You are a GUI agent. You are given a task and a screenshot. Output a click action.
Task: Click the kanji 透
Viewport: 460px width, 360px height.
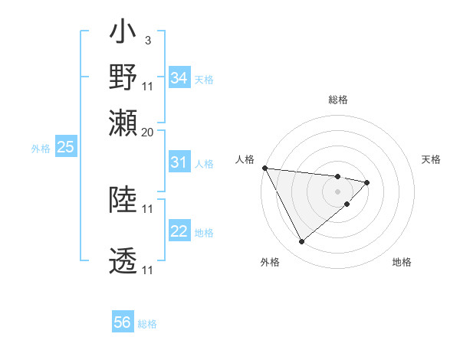click(x=123, y=261)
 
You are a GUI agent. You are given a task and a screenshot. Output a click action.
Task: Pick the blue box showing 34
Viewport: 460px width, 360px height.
click(x=179, y=78)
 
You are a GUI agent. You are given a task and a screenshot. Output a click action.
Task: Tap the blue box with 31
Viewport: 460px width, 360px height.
click(x=179, y=162)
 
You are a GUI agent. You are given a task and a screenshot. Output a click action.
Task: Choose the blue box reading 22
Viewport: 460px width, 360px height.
click(x=179, y=232)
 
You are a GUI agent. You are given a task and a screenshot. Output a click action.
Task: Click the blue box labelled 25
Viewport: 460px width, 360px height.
click(x=65, y=148)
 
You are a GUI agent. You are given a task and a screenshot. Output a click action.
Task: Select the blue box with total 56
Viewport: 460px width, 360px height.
click(x=123, y=322)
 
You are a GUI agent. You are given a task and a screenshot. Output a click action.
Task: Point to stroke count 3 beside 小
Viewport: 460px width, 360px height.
click(x=146, y=40)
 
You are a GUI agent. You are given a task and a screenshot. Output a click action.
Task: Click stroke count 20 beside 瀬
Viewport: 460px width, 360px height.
click(x=148, y=132)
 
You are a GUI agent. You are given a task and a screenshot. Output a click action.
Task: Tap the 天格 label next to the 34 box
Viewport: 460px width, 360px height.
click(x=204, y=80)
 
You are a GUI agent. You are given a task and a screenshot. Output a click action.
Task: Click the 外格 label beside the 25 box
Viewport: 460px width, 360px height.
click(x=41, y=149)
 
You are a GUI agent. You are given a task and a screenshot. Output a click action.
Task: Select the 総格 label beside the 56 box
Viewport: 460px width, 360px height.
click(x=147, y=324)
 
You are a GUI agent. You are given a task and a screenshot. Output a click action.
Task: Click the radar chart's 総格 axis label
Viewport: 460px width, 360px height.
click(x=337, y=100)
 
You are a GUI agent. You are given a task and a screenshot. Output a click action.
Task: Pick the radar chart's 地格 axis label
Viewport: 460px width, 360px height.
click(x=402, y=263)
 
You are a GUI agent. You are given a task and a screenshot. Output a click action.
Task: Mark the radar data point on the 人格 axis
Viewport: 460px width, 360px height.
click(x=264, y=168)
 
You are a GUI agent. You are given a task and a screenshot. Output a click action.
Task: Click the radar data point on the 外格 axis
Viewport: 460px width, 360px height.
click(x=301, y=242)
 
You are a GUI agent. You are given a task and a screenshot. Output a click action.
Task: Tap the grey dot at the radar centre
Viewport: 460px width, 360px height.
click(x=337, y=191)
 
